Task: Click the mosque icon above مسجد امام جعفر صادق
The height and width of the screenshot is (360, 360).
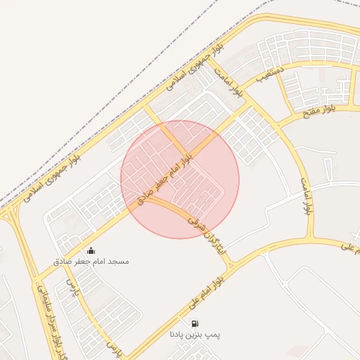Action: tap(90, 251)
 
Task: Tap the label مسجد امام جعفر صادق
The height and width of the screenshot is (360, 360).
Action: tap(91, 262)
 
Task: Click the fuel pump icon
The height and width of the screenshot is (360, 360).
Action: tap(194, 324)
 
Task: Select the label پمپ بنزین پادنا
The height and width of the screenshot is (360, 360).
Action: tap(195, 335)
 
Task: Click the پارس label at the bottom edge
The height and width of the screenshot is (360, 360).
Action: tap(115, 347)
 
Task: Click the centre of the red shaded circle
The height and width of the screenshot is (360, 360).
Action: tap(180, 179)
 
